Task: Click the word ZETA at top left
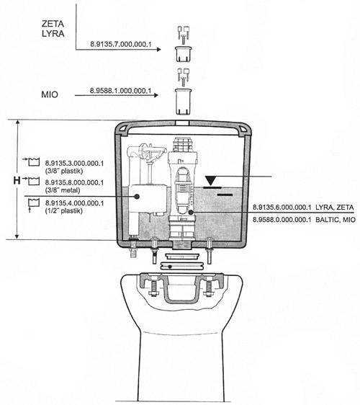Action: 53,24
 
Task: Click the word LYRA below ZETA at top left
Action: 53,34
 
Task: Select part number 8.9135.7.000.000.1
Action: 121,44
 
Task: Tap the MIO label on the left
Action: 50,94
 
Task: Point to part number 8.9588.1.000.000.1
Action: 120,91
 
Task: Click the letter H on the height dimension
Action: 17,180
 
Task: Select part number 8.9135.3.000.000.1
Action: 74,164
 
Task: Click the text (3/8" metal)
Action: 63,190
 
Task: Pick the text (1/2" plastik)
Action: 64,210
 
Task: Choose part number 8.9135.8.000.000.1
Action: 74,182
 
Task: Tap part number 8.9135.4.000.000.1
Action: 74,203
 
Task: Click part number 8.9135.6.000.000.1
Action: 282,207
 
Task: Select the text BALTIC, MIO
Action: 336,220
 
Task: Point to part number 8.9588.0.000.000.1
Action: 282,220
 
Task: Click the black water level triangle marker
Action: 211,181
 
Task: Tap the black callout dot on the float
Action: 137,197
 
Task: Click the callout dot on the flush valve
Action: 191,213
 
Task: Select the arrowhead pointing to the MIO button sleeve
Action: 156,95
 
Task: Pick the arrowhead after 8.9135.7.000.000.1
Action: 158,49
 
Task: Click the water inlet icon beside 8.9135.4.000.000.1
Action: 33,204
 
